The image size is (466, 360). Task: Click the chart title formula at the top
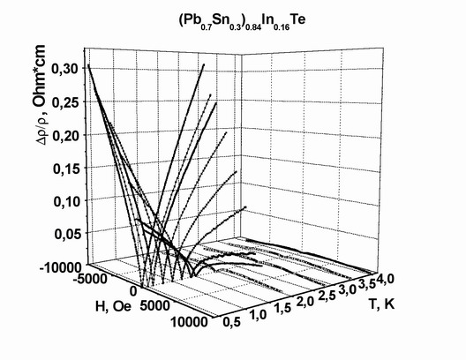tap(242, 22)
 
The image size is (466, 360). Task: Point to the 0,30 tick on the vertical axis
tap(64, 69)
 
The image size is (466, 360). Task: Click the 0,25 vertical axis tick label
tap(65, 102)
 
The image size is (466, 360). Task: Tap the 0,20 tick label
tap(66, 136)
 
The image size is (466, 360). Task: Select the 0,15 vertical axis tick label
tap(66, 169)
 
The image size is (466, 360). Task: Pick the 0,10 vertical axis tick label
tap(67, 202)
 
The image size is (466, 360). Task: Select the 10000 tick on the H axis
tap(189, 322)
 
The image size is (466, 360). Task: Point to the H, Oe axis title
tap(113, 306)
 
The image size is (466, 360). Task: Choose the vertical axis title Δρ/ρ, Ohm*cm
tap(41, 95)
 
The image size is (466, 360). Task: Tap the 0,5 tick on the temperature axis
tap(231, 322)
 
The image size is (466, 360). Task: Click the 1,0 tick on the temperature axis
tap(259, 314)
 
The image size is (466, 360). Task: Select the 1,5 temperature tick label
tap(283, 308)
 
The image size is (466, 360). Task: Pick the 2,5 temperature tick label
tap(327, 296)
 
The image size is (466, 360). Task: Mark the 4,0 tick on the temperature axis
tap(386, 279)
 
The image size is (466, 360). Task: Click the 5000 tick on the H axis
tap(155, 305)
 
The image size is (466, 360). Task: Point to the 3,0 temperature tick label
tap(347, 289)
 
